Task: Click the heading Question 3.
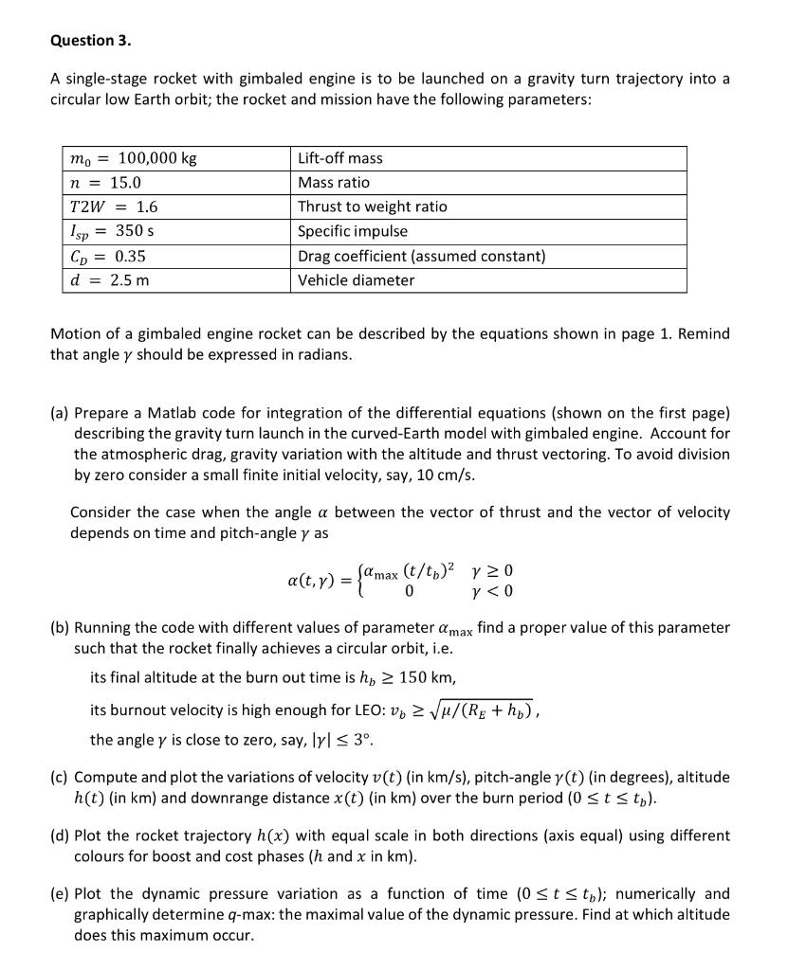coord(91,41)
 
